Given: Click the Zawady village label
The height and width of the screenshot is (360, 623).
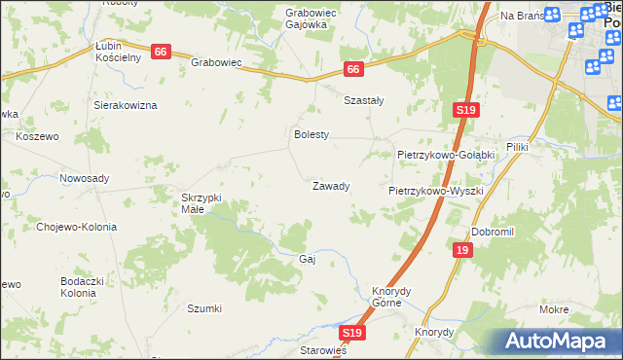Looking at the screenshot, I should (330, 186).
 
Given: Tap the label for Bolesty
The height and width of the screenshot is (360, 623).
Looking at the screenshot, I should (312, 135).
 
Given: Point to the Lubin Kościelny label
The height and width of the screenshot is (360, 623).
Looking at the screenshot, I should (119, 52).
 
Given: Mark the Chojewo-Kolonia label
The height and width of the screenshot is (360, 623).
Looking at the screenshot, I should (76, 227).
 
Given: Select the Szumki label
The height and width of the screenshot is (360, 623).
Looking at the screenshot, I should (204, 308).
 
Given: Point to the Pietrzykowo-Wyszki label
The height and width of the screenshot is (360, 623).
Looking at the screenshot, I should (436, 191).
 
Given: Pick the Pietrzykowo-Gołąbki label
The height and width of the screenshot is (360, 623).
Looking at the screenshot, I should (447, 155).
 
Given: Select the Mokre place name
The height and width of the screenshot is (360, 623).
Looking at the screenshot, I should (553, 308).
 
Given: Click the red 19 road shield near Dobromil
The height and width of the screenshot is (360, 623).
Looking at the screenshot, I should (461, 251).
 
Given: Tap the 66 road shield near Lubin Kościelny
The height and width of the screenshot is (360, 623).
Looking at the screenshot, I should (161, 52).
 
